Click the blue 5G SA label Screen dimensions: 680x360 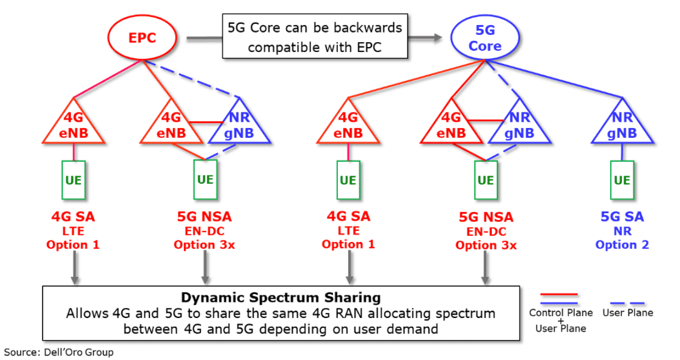(x=622, y=217)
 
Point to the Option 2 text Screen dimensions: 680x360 (x=622, y=245)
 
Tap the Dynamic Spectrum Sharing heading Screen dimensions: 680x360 (x=281, y=297)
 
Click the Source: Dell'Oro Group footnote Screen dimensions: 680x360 (x=59, y=352)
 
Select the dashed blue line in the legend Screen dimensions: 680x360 (x=627, y=303)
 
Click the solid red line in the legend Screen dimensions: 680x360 (x=559, y=294)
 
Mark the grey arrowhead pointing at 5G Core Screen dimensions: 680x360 (x=438, y=37)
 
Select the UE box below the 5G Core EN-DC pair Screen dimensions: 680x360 (x=486, y=180)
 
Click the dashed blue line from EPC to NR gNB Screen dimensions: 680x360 (x=192, y=79)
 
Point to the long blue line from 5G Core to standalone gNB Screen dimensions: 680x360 (x=554, y=79)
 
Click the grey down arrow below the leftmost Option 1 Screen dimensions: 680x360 (x=75, y=268)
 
